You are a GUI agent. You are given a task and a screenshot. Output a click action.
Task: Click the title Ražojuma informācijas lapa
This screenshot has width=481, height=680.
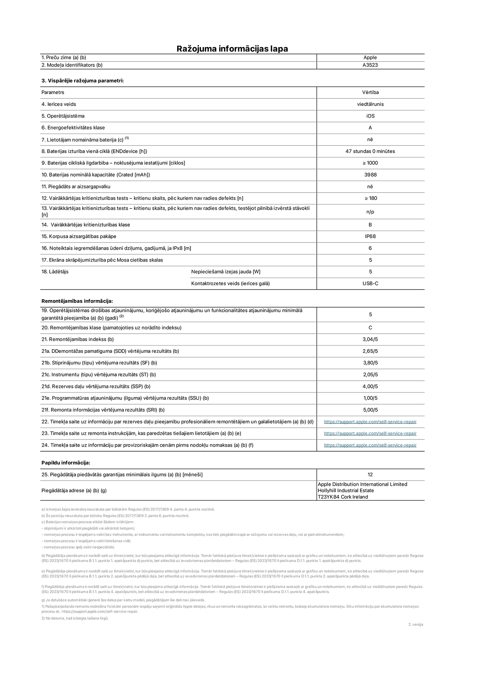pos(232,48)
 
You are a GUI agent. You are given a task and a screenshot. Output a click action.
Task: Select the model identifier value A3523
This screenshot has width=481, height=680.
pos(370,65)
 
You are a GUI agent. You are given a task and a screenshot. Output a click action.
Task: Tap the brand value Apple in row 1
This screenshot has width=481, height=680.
pos(370,58)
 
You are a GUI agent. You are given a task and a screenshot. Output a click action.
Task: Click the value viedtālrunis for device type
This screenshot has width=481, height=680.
pos(370,104)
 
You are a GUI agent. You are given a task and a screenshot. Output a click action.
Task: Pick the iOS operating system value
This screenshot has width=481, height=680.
pos(370,116)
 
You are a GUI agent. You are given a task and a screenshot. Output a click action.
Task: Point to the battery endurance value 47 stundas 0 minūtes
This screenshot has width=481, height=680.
pos(370,151)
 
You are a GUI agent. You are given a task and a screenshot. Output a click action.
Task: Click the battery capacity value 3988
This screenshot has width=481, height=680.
pos(370,175)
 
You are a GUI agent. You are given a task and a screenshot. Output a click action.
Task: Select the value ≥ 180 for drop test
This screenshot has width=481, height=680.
pos(370,198)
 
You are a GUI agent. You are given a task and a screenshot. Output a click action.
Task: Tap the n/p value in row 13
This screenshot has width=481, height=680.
pos(370,212)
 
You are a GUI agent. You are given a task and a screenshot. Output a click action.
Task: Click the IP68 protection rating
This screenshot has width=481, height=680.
pos(370,236)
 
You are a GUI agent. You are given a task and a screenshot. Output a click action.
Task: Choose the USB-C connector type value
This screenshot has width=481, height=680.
pos(370,283)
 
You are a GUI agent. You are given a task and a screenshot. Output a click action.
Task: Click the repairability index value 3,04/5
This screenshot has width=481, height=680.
pos(370,339)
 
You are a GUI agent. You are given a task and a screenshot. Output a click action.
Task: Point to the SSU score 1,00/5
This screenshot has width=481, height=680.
pos(370,398)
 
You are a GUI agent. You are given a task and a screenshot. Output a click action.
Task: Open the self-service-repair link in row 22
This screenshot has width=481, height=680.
pos(370,422)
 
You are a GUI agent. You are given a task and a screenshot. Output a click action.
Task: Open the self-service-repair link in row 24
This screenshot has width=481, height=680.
pos(370,445)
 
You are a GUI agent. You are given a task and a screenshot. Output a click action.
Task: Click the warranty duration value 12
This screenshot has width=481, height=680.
pos(370,474)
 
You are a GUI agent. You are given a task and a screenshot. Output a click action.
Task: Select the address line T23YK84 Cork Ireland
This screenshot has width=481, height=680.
pos(343,497)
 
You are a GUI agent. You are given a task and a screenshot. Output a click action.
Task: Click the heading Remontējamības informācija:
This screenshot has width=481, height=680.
pos(77,301)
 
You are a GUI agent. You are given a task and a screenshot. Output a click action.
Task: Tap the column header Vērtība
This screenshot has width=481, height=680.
pos(370,92)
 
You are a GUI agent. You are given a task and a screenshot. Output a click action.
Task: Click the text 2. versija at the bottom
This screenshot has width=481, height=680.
pos(415,624)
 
